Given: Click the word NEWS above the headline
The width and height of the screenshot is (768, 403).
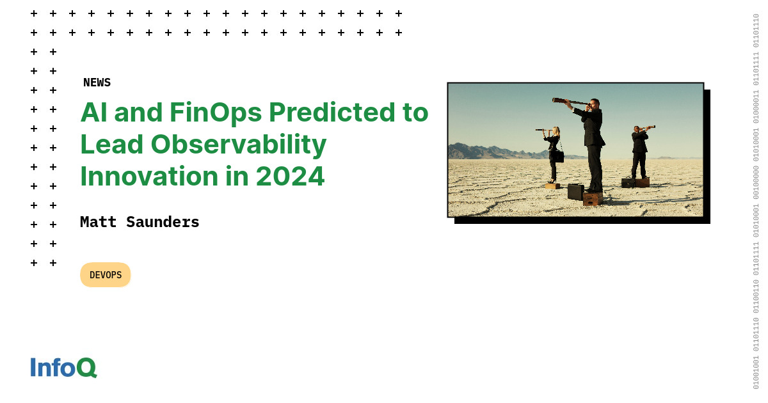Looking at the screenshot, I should click(x=97, y=83).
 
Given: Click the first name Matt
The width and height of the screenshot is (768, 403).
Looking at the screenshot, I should click(x=99, y=222).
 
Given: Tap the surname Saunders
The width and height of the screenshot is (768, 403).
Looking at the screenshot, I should click(x=163, y=222).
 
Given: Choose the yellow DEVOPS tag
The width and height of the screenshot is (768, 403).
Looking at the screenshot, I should click(x=106, y=275).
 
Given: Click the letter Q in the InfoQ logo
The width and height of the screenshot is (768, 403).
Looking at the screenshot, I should click(x=86, y=367).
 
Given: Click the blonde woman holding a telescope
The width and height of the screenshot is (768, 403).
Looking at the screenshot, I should click(x=552, y=154).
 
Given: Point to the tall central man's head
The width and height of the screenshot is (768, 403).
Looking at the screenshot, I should click(x=595, y=103).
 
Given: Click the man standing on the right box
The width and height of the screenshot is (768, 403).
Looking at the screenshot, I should click(x=639, y=150).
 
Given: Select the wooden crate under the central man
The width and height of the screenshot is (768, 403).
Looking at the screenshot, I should click(x=593, y=198).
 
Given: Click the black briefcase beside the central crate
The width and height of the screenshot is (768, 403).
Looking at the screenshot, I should click(x=575, y=192).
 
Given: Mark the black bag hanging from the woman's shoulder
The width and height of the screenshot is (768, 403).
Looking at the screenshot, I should click(x=558, y=156).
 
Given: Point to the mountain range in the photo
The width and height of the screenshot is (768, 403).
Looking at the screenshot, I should click(x=480, y=152).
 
